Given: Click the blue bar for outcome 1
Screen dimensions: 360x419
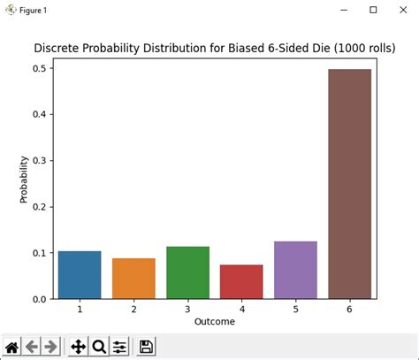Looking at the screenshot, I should click(79, 275).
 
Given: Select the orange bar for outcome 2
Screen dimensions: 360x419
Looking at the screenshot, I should click(133, 279).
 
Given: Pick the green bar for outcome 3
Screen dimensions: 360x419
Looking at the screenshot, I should click(187, 272).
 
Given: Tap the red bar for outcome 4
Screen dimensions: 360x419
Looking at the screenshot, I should click(241, 282).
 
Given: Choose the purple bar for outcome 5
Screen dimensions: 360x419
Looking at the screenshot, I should click(295, 270).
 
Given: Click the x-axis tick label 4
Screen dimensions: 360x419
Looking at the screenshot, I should click(241, 310).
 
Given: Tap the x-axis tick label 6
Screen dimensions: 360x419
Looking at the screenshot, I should click(349, 310).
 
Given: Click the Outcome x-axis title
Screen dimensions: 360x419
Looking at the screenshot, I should click(214, 322).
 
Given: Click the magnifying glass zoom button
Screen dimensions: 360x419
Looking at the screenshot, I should click(99, 346).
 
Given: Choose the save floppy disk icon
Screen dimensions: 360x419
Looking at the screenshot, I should click(146, 346).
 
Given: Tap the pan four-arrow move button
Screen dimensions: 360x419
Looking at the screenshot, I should click(78, 346).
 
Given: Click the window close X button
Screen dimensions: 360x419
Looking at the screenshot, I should click(404, 10).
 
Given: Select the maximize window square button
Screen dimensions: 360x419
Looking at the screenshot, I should click(373, 10).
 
